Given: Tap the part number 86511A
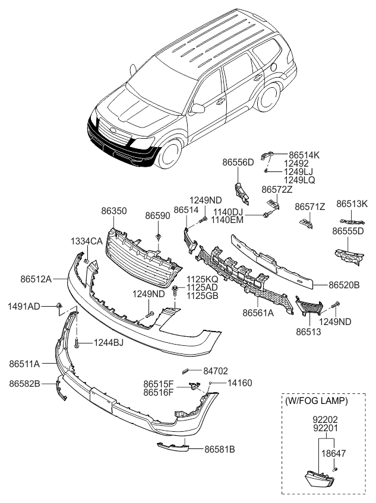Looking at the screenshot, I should pyautogui.click(x=24, y=362).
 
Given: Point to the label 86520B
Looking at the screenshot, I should pyautogui.click(x=344, y=285).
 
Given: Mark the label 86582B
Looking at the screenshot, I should pyautogui.click(x=25, y=384).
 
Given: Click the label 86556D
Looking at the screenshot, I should pyautogui.click(x=238, y=162).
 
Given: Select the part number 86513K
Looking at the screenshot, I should pyautogui.click(x=352, y=203).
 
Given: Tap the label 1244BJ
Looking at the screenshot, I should pyautogui.click(x=108, y=342).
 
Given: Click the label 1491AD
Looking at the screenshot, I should pyautogui.click(x=24, y=306).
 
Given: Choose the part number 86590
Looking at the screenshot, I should pyautogui.click(x=159, y=217).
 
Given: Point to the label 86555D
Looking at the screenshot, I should pyautogui.click(x=347, y=231).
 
